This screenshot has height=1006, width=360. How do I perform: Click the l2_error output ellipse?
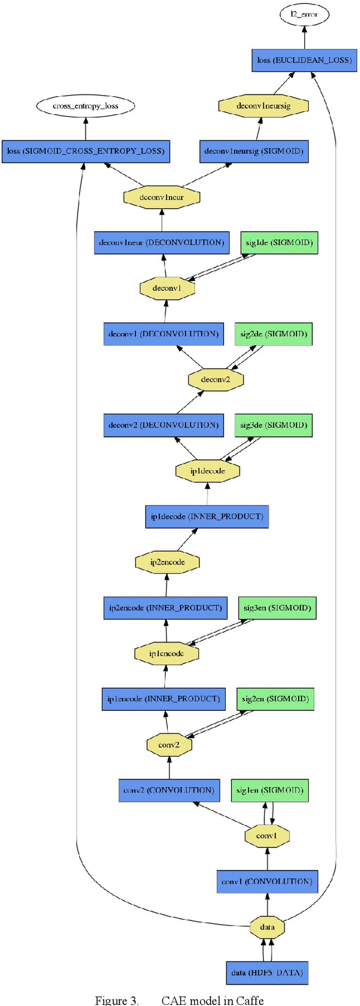click(304, 15)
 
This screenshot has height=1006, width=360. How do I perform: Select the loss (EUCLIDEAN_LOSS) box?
click(304, 60)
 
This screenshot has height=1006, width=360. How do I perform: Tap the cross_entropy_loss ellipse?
click(85, 106)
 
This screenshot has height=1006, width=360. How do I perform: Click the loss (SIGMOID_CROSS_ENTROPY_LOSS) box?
click(85, 151)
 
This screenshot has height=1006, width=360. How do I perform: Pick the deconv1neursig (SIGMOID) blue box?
click(254, 151)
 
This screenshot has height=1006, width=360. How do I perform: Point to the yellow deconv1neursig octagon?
click(263, 106)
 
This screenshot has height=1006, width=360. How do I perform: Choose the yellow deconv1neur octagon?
click(161, 197)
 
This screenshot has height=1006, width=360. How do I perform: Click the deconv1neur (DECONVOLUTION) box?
click(161, 243)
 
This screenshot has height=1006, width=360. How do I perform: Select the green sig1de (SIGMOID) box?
click(279, 243)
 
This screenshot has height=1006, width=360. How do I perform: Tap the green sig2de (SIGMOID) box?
click(273, 334)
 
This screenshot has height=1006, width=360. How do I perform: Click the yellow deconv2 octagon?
click(215, 380)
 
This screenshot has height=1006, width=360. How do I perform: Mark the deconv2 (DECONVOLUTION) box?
click(163, 425)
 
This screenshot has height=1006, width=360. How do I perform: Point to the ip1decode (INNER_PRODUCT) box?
click(207, 517)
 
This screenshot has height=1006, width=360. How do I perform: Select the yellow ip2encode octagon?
click(167, 562)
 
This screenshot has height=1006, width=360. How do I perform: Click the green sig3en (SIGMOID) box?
click(277, 608)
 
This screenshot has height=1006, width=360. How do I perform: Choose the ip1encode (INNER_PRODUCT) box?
click(164, 699)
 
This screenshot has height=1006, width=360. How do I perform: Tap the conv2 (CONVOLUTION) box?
click(169, 790)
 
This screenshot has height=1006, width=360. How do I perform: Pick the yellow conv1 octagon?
click(267, 836)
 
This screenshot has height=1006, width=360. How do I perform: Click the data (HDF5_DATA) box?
click(267, 973)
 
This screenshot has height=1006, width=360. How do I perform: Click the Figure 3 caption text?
click(179, 1000)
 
